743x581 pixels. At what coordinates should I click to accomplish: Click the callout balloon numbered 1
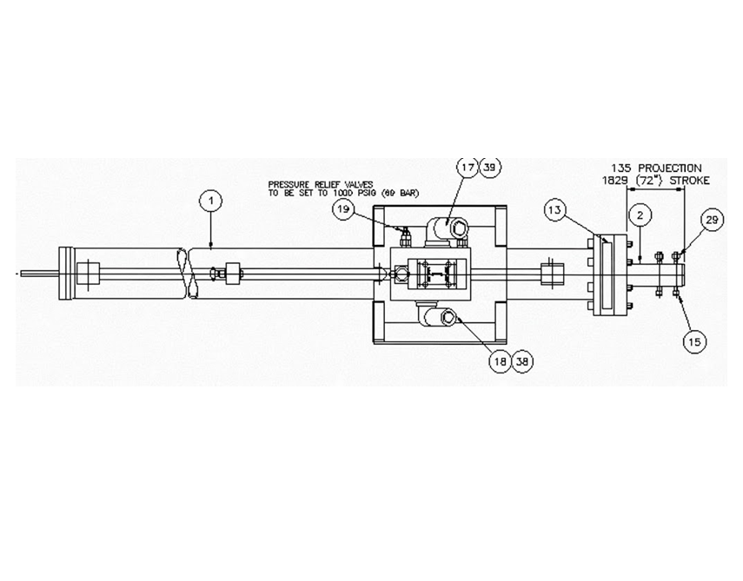[x=211, y=201]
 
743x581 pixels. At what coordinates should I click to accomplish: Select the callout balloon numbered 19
[x=344, y=209]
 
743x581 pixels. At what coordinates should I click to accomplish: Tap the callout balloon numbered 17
[x=468, y=168]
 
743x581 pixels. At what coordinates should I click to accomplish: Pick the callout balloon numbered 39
[x=490, y=168]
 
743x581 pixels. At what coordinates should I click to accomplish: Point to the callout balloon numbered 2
[x=640, y=216]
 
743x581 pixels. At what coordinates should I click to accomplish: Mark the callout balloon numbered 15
[x=694, y=341]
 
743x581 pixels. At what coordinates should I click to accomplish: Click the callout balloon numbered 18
[x=501, y=362]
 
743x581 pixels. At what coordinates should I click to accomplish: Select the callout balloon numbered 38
[x=522, y=362]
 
